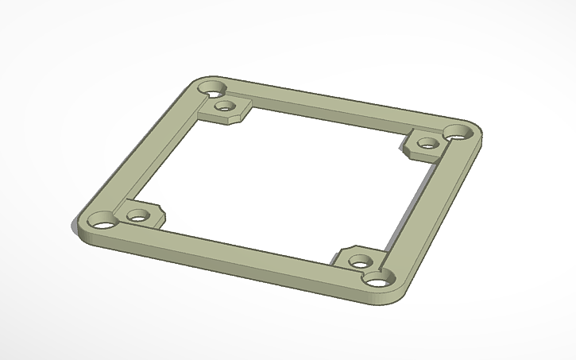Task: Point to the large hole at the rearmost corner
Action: [x=212, y=87]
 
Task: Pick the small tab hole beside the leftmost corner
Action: [x=138, y=215]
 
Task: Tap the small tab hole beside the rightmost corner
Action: [x=427, y=145]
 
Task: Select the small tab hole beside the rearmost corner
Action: [x=226, y=105]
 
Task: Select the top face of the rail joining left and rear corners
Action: [x=155, y=151]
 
